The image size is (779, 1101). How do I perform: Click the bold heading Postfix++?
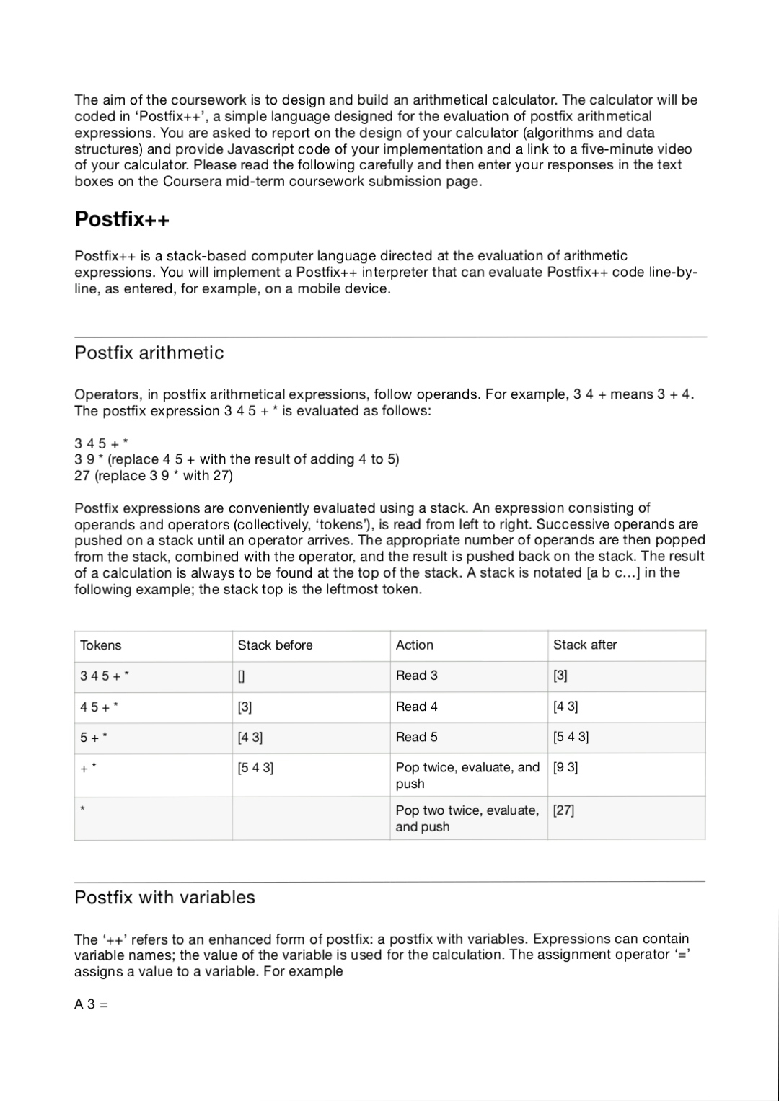pyautogui.click(x=122, y=219)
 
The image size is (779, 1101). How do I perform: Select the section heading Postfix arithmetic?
pyautogui.click(x=149, y=353)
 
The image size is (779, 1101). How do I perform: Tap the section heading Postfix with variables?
pyautogui.click(x=165, y=897)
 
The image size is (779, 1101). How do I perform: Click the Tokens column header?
pyautogui.click(x=101, y=645)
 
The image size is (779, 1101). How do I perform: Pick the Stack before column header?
pyautogui.click(x=275, y=645)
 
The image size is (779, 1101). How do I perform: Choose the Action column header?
pyautogui.click(x=415, y=645)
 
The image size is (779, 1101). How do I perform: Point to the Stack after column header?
pyautogui.click(x=585, y=645)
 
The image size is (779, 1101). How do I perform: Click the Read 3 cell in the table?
pyautogui.click(x=416, y=676)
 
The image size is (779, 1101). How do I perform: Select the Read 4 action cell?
pyautogui.click(x=416, y=707)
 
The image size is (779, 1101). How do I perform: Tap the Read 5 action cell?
pyautogui.click(x=416, y=737)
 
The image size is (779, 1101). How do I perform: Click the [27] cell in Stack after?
pyautogui.click(x=563, y=810)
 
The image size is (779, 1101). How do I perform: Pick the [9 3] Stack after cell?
pyautogui.click(x=565, y=767)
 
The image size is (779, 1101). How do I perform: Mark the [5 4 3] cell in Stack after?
pyautogui.click(x=571, y=737)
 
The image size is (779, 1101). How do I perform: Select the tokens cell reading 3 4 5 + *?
pyautogui.click(x=105, y=676)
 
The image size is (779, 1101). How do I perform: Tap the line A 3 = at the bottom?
pyautogui.click(x=91, y=1004)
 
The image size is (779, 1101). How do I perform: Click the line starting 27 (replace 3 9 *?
pyautogui.click(x=154, y=475)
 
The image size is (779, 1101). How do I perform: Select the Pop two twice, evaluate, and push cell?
pyautogui.click(x=467, y=818)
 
